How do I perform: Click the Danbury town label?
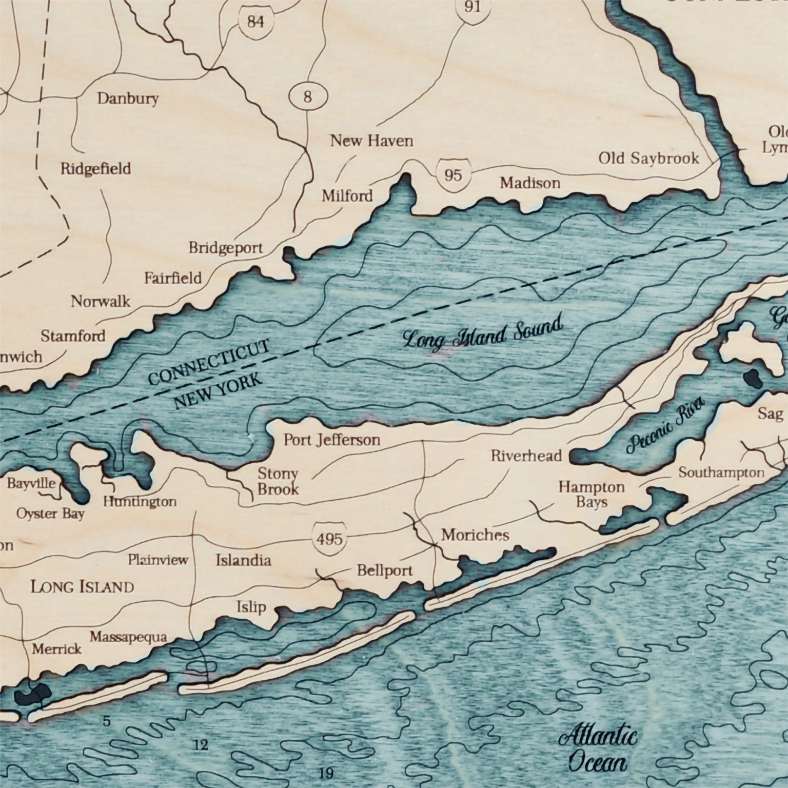coord(128,98)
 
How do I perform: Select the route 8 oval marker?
coord(307,96)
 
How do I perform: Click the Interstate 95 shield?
coord(453,175)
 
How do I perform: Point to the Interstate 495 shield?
coord(329,539)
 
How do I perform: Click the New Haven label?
coord(371,140)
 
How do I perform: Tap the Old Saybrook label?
coord(648,158)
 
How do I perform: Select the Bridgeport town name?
coord(226,248)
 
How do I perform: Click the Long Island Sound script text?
coord(482,333)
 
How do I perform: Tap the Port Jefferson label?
coord(332,440)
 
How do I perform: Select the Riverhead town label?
coord(526,456)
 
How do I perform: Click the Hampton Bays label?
coord(592,494)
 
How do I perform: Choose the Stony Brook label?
coord(278,481)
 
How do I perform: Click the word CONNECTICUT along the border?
coord(208,362)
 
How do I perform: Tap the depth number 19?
coord(325,773)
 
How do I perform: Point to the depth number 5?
coord(106,721)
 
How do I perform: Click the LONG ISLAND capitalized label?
coord(82,586)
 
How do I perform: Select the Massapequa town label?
coord(128,637)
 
